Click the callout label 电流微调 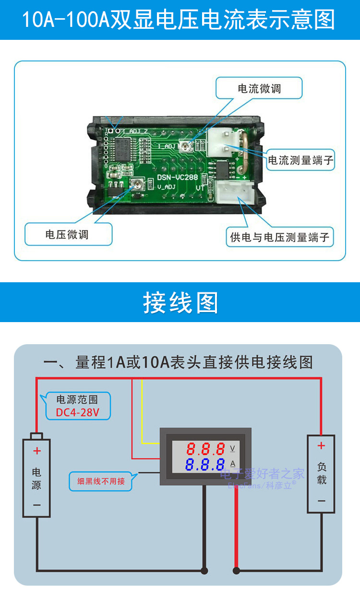coord(259,89)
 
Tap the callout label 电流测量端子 coord(300,160)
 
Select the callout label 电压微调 coord(67,235)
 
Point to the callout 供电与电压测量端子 coord(280,237)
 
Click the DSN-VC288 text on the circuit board coord(178,177)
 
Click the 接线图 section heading coord(180,302)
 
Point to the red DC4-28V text coord(77,412)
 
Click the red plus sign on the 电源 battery coord(37,451)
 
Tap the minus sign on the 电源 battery coord(37,505)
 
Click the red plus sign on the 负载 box coord(321,446)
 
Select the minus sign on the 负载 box coord(321,501)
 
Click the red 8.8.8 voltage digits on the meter coord(205,449)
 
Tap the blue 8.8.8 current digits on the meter coord(205,465)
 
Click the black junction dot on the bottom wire coord(204,571)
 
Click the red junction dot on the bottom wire coord(236,571)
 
